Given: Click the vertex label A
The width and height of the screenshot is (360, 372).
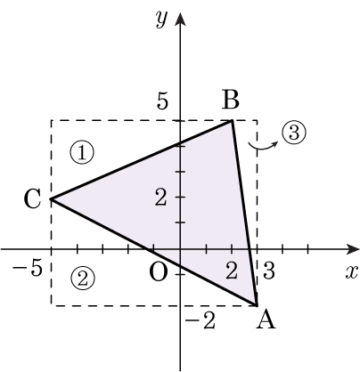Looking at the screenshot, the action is (266, 320).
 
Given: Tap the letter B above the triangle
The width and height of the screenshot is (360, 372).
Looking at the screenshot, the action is (231, 100).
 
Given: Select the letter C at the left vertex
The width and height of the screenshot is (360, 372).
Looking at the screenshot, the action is (32, 198).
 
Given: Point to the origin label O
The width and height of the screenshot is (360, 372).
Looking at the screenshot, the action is (158, 272).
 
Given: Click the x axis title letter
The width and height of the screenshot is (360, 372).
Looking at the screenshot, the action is (351, 272).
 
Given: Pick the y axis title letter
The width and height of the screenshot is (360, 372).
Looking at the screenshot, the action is (162, 20).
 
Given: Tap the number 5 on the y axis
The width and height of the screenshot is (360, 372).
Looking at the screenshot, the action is (162, 101).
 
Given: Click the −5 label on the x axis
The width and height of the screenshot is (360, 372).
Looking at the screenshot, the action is (27, 269).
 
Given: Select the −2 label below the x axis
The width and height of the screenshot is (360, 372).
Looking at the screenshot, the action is (200, 320).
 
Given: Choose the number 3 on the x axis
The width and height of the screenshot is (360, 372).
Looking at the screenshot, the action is (269, 271).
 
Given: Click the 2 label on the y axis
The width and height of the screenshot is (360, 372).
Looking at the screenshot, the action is (160, 198).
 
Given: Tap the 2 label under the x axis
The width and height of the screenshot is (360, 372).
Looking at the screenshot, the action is (232, 271).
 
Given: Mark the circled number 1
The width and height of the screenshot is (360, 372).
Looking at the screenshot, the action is (82, 152).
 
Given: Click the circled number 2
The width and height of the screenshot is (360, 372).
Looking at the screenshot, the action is (83, 279).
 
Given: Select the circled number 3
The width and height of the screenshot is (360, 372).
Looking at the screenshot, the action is (293, 133).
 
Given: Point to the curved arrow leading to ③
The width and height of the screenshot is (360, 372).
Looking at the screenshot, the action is (262, 148).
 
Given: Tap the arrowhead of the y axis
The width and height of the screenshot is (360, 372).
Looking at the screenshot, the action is (180, 20).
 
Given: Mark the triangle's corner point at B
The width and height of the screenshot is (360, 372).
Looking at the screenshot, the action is (232, 120).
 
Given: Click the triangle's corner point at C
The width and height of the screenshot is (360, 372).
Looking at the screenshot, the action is (52, 198).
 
